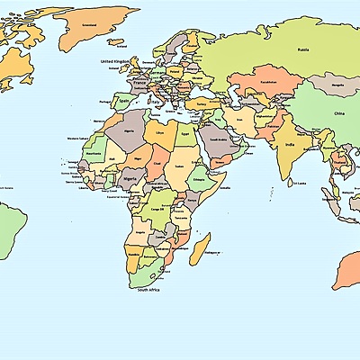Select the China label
(338, 114)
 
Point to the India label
(289, 144)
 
